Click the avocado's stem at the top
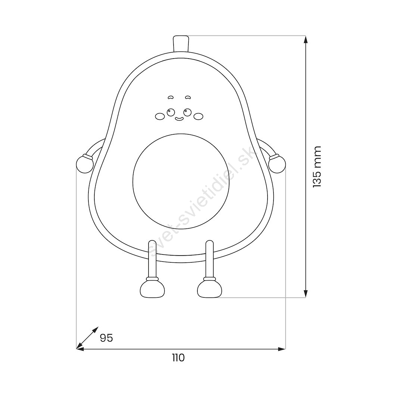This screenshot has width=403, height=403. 181,43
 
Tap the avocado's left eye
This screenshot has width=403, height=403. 171,112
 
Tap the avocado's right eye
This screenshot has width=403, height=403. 187,112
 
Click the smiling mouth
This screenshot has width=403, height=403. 179,119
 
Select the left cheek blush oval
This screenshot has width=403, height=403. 160,116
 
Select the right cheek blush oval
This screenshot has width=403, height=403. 198,116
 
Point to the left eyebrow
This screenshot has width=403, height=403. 171,97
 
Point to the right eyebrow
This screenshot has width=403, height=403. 188,97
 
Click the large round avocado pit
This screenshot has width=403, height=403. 181,181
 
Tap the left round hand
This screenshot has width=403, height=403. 85,164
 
